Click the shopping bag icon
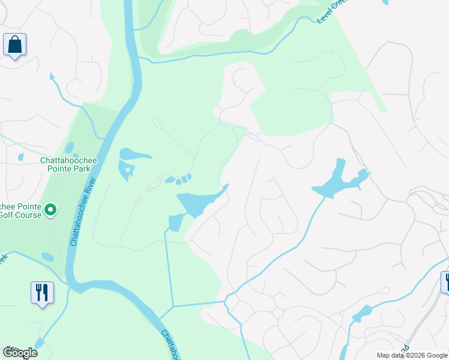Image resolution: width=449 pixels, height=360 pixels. [x=14, y=45]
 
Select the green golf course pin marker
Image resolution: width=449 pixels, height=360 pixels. [x=51, y=210]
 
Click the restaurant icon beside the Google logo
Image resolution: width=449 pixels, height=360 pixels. [x=42, y=293]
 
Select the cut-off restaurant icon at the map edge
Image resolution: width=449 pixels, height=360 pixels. [x=445, y=281]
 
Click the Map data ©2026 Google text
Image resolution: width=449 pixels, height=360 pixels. [x=412, y=355]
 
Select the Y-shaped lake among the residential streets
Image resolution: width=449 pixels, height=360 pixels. [x=339, y=182]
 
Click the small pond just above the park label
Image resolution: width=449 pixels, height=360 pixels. [x=69, y=148]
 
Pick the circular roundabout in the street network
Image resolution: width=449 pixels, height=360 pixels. [x=277, y=314]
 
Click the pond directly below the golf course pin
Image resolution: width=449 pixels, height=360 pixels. [x=47, y=257]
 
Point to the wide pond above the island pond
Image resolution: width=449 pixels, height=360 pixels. [x=136, y=154]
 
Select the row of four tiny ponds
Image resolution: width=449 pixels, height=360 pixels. [x=178, y=179]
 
